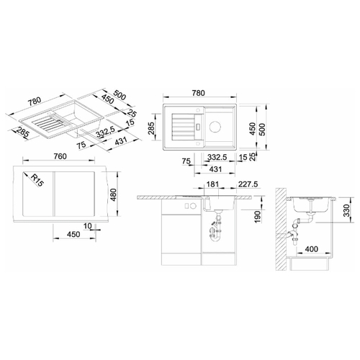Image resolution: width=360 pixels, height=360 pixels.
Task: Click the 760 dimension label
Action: [60, 156]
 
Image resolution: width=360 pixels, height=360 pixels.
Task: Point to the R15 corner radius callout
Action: [37, 181]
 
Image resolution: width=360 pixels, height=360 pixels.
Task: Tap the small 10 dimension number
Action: [88, 226]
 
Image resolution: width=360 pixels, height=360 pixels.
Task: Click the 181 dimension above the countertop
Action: [212, 184]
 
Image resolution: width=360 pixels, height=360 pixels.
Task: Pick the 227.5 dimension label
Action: [248, 184]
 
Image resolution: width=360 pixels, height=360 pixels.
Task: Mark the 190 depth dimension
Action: [257, 217]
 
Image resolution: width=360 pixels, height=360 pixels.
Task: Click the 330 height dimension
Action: [346, 210]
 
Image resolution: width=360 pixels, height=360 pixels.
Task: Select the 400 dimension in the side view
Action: [311, 249]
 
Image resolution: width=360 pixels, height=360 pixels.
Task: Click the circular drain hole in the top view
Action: [215, 126]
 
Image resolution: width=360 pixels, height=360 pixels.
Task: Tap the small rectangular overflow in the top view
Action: [198, 126]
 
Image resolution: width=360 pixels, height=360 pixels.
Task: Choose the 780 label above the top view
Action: [199, 93]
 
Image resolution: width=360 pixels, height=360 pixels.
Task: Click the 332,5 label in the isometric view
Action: [105, 132]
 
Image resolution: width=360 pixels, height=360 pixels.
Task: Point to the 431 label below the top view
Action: [215, 169]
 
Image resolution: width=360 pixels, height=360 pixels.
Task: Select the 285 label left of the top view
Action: [151, 128]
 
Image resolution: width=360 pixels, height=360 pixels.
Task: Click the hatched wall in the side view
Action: [281, 229]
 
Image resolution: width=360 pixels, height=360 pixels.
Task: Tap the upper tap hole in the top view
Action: [198, 110]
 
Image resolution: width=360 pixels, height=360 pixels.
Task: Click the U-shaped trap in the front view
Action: [215, 234]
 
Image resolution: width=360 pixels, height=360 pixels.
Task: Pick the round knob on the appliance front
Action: [192, 206]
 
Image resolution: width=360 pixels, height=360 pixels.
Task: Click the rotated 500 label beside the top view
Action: [263, 130]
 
